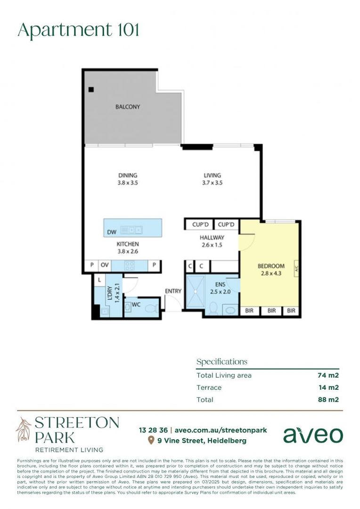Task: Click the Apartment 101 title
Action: point(78,30)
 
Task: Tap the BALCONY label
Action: point(128,107)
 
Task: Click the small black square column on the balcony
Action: point(91,90)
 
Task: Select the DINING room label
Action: point(128,175)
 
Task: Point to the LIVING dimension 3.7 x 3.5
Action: point(212,182)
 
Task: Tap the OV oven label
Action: point(105,265)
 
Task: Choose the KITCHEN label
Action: point(128,244)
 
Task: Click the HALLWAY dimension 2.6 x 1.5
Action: point(212,245)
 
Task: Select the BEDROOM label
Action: point(271,266)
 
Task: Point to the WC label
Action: point(136,305)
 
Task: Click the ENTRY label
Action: point(173,291)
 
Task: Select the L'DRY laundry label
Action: point(109,294)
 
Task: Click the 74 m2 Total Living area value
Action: point(328,376)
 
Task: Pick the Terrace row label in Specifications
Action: point(209,387)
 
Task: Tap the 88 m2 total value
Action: point(328,400)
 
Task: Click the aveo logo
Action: point(313,435)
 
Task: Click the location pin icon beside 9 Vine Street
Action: point(151,440)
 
